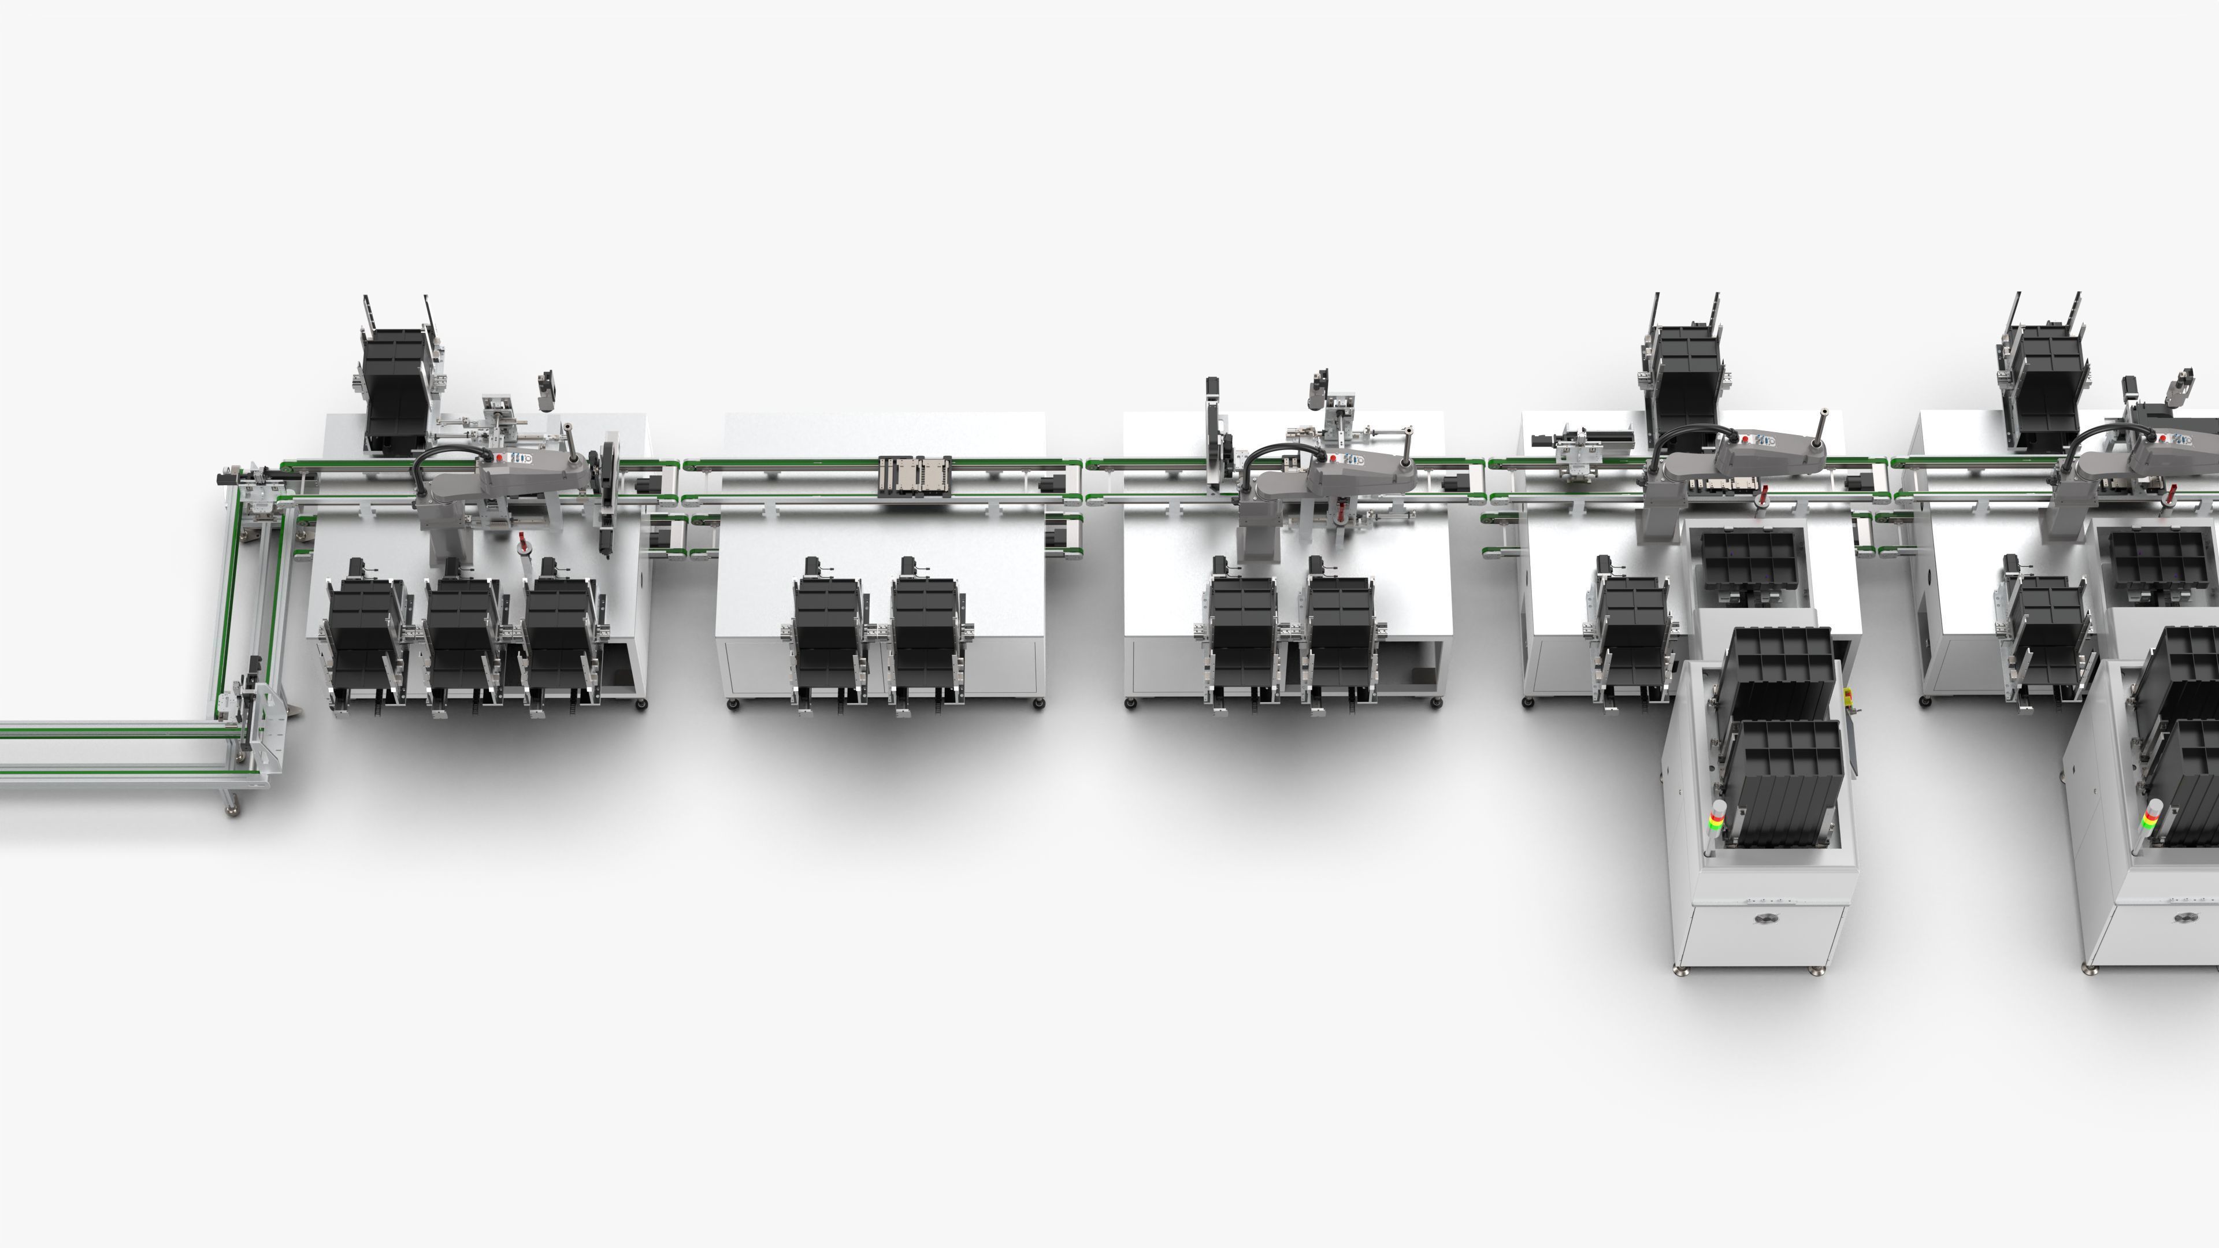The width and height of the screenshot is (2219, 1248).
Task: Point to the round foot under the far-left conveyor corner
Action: (x=232, y=809)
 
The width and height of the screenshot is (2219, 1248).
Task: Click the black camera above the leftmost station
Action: (x=546, y=389)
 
